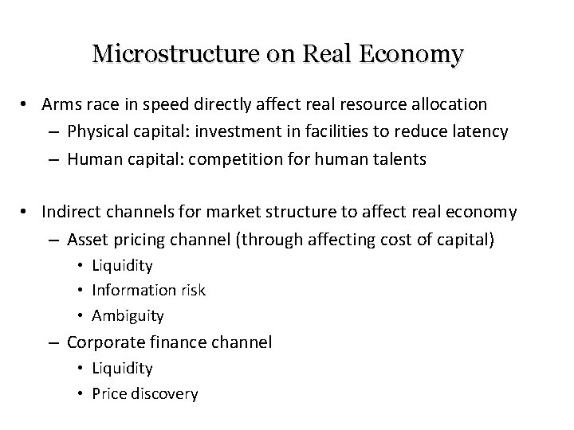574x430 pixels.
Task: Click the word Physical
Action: tap(96, 131)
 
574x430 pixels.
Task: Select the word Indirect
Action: tap(72, 212)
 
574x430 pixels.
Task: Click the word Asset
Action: tap(86, 238)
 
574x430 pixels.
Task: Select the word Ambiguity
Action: tap(128, 315)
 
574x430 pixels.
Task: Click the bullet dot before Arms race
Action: tap(26, 104)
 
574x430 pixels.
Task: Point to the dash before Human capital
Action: tap(53, 159)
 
